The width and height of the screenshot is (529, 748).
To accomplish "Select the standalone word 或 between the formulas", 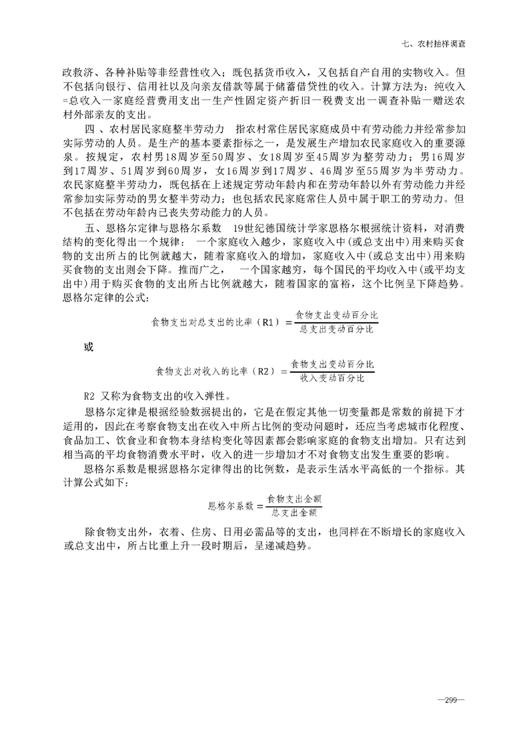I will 88,347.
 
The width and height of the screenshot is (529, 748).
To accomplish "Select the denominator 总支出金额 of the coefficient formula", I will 294,512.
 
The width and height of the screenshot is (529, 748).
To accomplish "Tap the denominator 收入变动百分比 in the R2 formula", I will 332,378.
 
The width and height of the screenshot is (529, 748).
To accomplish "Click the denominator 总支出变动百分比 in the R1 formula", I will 336,329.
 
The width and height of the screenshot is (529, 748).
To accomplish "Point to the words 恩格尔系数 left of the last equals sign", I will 231,506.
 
